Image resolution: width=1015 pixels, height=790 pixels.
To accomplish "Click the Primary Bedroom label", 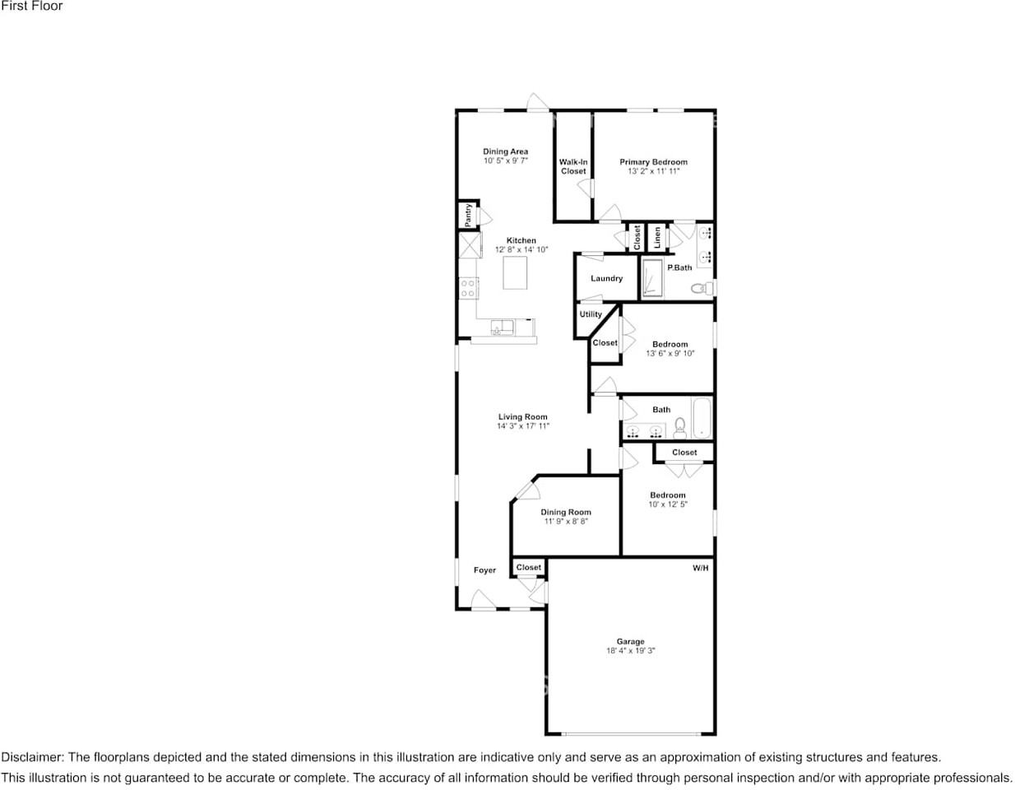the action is pos(653,162).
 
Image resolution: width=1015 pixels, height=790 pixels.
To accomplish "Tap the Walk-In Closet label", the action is pos(573,167).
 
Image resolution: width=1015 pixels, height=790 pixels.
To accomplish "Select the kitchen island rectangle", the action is pos(515,273).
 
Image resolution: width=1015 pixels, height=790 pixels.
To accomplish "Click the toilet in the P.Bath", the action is pos(702,288).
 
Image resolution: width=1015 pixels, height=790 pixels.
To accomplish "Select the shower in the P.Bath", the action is pos(651,279).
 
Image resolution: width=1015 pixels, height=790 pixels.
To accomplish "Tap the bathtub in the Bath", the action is pos(702,418).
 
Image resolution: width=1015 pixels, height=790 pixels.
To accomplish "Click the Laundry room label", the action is pos(606,278).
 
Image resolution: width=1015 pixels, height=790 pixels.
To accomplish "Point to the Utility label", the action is pos(591,314).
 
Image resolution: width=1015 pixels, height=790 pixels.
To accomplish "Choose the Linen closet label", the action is pos(656,237).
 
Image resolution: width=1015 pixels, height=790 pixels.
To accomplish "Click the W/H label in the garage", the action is pos(700,568).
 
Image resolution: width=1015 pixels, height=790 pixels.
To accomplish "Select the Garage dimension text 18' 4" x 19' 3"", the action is pos(630,651).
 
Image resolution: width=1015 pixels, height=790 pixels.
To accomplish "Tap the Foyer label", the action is pos(484,570).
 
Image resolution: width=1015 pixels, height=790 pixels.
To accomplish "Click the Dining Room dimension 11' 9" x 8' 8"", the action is pos(566,522).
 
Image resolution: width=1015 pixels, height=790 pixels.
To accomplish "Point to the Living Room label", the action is pos(522,416).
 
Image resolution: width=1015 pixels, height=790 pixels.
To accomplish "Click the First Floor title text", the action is pos(32,6).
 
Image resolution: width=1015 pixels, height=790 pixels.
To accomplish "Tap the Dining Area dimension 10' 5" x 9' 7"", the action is pos(505,160).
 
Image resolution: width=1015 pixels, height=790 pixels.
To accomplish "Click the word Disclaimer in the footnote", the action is pos(33,756).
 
